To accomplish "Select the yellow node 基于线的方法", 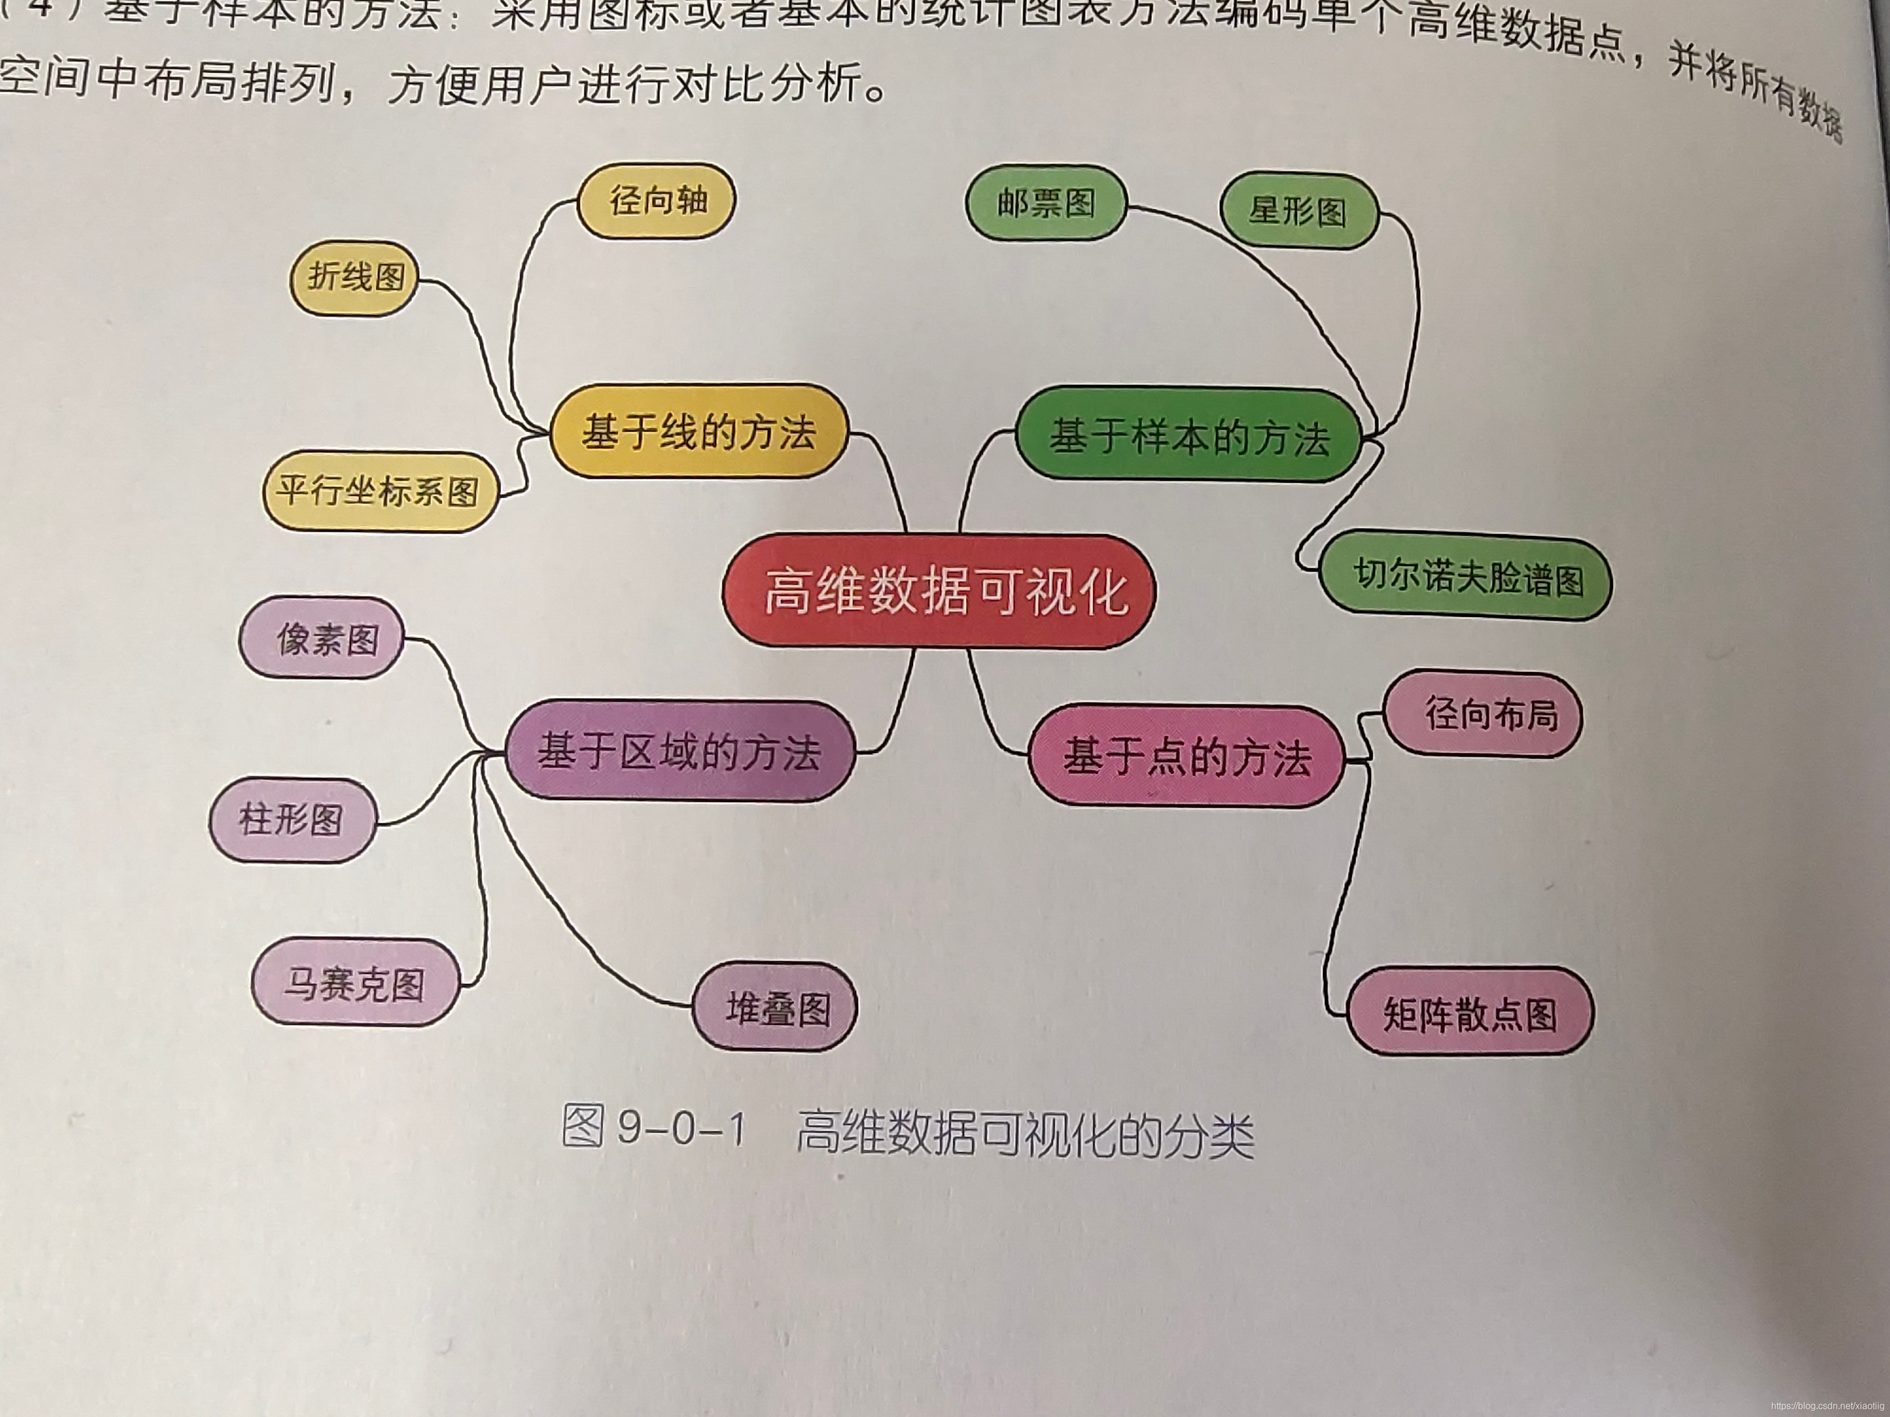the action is click(698, 431).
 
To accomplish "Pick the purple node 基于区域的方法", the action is click(679, 752).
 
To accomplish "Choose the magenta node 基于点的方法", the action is click(1186, 757).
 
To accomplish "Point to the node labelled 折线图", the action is click(354, 278).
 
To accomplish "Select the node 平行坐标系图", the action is click(379, 491).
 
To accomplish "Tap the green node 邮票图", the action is click(1045, 203).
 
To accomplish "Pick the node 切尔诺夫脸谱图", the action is click(1466, 577).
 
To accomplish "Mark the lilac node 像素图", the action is click(321, 638).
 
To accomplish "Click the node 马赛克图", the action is click(354, 982).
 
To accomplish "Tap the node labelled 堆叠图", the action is click(775, 1007).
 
